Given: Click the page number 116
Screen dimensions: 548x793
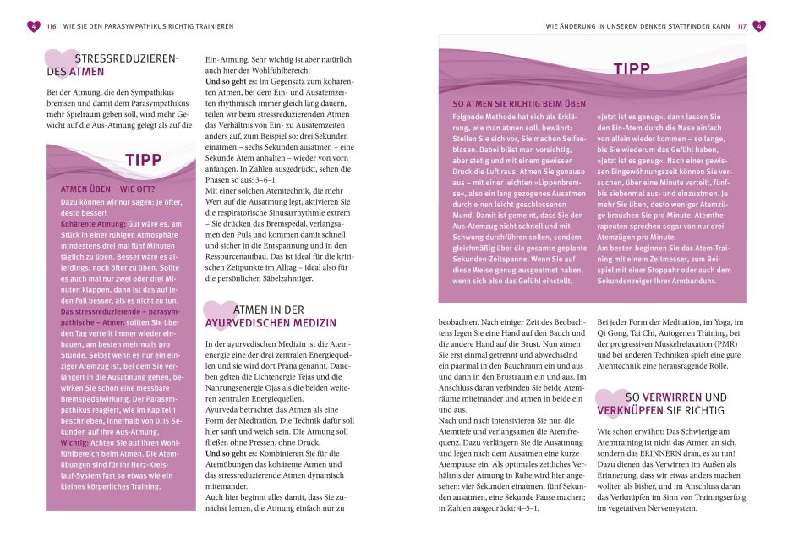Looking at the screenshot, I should coord(51,26).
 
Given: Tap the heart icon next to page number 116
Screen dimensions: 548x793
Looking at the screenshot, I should coord(34,26).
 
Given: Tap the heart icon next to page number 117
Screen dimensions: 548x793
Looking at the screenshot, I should coord(758,26).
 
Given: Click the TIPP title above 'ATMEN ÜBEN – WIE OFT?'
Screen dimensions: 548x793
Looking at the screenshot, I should coord(143,160).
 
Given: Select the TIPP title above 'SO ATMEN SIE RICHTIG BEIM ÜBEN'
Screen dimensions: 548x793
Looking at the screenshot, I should coord(632,68).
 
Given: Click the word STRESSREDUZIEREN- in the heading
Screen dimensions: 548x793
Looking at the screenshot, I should coord(127,58).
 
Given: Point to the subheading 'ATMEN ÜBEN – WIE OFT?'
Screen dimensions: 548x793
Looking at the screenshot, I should coord(107,189).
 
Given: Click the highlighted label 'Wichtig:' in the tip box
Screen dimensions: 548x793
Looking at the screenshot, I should coord(74,441).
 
